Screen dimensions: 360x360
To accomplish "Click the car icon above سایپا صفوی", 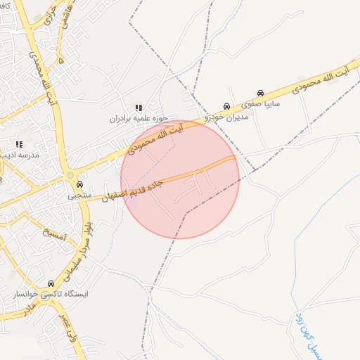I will click(x=260, y=93).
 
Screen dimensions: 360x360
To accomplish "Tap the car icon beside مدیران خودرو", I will click(x=226, y=107).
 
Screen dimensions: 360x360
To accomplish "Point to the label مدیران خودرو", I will click(x=226, y=117).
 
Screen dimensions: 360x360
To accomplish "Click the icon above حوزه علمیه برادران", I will click(x=139, y=108).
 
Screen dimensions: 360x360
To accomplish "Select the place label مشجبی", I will click(x=79, y=196).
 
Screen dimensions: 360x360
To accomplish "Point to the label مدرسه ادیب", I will click(x=20, y=154).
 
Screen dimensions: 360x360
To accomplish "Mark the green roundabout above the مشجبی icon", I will click(x=70, y=175).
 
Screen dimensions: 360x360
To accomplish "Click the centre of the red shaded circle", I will click(x=180, y=180).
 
